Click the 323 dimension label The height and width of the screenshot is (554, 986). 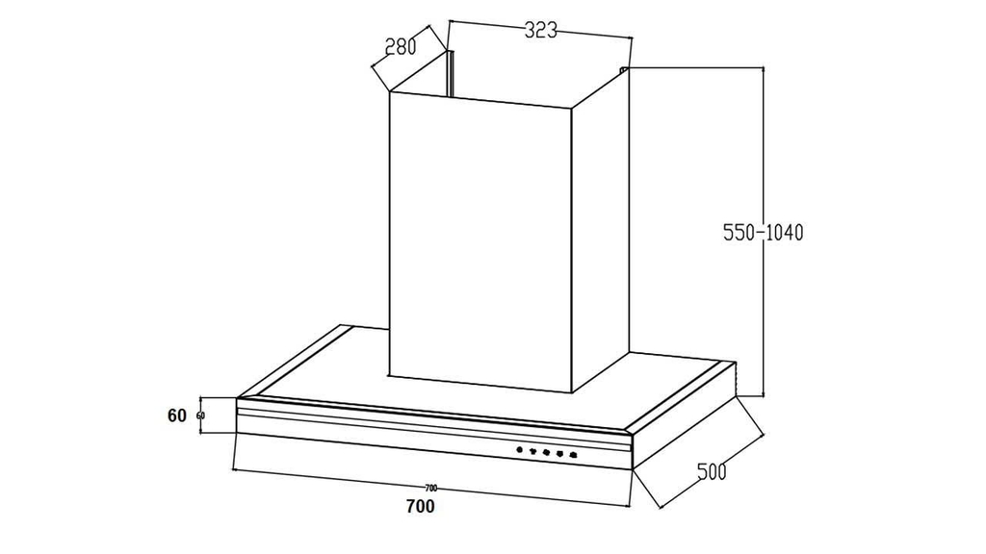541,30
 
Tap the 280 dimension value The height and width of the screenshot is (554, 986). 400,46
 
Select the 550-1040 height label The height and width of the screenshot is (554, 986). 763,232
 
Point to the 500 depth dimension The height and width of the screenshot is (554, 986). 711,471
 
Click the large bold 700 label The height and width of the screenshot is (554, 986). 420,506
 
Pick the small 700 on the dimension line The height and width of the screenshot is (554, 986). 430,488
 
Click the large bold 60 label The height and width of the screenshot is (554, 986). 176,415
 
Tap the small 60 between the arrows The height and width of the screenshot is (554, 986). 200,415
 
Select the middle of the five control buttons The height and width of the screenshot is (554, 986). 545,452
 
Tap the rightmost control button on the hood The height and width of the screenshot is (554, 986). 573,454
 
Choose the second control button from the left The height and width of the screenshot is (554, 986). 532,451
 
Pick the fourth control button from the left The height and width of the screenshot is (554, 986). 558,453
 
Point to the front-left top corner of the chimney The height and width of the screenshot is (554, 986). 389,93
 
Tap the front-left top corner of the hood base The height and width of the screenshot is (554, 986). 237,398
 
